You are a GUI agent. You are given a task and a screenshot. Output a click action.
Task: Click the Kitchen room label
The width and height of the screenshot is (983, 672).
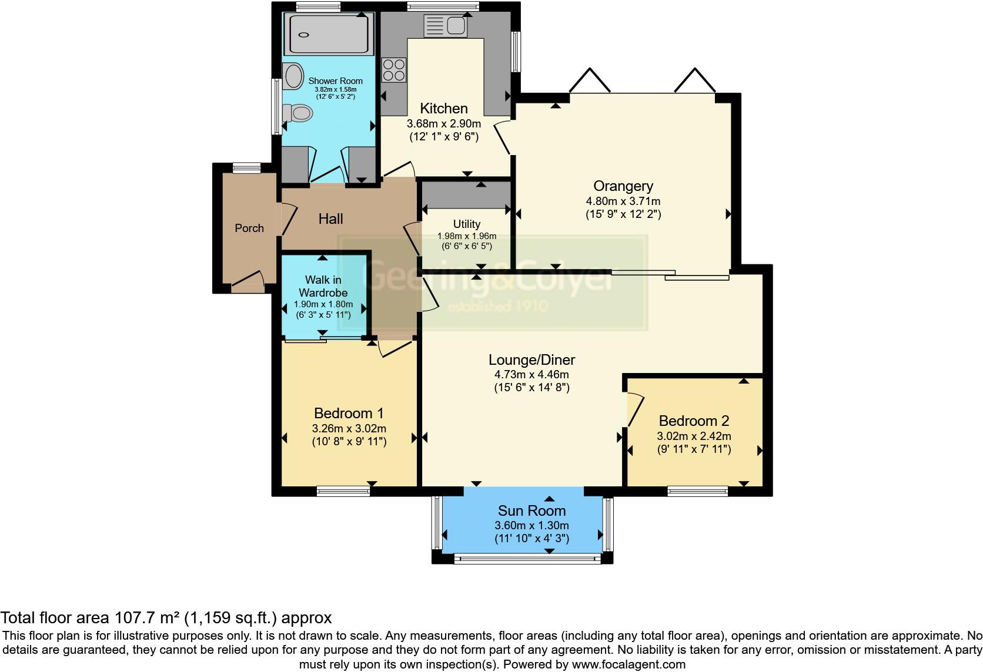pyautogui.click(x=444, y=108)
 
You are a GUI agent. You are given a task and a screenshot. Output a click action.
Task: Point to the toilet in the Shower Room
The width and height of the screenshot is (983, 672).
pyautogui.click(x=298, y=112)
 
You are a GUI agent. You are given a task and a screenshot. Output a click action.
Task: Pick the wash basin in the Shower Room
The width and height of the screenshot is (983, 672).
pyautogui.click(x=292, y=75)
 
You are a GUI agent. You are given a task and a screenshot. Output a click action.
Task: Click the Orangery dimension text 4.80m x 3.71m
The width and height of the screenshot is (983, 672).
pyautogui.click(x=623, y=201)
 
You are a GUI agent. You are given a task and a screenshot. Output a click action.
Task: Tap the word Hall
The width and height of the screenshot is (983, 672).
pyautogui.click(x=330, y=219)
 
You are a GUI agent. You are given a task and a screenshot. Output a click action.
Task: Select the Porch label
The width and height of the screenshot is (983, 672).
pyautogui.click(x=249, y=228)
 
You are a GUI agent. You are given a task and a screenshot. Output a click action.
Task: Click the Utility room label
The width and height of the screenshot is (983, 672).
pyautogui.click(x=466, y=224)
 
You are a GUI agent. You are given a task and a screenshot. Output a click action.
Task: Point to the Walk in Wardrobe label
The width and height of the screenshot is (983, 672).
pyautogui.click(x=323, y=286)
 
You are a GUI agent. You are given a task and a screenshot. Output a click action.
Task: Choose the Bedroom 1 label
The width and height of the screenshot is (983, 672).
pyautogui.click(x=349, y=413)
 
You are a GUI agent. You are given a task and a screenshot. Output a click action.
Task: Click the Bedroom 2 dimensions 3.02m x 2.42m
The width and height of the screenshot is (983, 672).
pyautogui.click(x=694, y=436)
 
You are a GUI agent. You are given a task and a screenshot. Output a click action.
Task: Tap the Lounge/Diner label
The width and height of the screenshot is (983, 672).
pyautogui.click(x=531, y=359)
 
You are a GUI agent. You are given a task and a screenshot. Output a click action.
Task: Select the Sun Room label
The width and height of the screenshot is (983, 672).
pyautogui.click(x=531, y=510)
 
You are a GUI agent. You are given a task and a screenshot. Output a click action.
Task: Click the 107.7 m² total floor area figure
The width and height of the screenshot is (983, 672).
pyautogui.click(x=145, y=617)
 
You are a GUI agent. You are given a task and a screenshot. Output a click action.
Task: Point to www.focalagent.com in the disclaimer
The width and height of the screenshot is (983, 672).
pyautogui.click(x=628, y=665)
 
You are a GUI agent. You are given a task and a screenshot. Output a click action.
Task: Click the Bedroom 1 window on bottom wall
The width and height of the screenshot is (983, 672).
pyautogui.click(x=343, y=491)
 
